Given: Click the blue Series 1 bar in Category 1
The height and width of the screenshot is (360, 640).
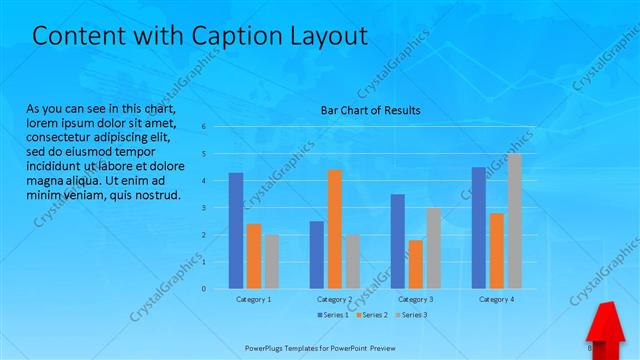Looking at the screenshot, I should click(236, 231).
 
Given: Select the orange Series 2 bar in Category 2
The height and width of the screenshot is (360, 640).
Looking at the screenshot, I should click(334, 229).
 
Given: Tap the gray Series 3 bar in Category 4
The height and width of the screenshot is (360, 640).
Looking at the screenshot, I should click(515, 221).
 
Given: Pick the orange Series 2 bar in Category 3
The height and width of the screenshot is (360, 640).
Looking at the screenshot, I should click(415, 264).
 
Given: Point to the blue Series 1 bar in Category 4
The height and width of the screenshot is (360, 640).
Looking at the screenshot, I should click(479, 228).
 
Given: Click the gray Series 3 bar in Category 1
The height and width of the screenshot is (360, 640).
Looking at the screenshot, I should click(272, 261).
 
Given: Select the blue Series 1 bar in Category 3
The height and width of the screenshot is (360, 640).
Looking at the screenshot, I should click(398, 241).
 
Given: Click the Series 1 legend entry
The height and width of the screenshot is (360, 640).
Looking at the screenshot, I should click(333, 315).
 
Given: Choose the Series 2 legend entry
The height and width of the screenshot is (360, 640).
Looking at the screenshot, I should click(371, 315).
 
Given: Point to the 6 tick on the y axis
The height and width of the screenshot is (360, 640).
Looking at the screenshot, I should click(203, 127).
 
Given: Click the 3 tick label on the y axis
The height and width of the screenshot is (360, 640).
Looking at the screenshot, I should click(203, 208).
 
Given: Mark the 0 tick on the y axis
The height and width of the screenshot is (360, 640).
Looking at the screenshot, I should click(203, 289).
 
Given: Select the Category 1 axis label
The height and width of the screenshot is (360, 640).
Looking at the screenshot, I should click(254, 299).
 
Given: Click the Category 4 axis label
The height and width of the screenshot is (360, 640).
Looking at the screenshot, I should click(497, 299).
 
